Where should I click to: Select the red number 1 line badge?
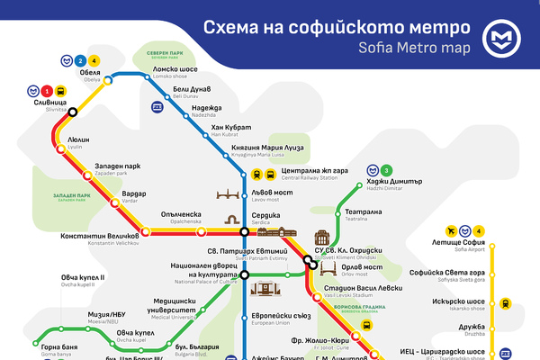click(47, 91)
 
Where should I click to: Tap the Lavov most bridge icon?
click(230, 195)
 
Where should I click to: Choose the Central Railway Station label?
click(315, 173)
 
